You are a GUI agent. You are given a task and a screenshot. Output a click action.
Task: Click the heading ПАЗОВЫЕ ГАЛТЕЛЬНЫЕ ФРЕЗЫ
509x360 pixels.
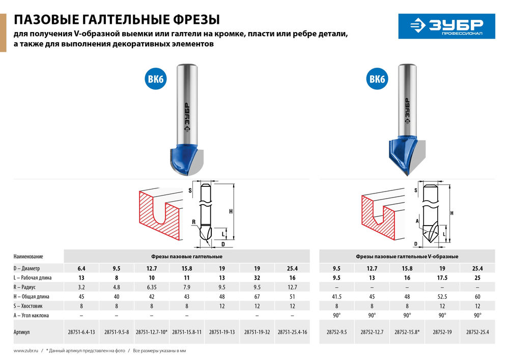click(117, 20)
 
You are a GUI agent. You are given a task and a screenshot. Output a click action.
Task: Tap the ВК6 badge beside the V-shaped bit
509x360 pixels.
click(377, 79)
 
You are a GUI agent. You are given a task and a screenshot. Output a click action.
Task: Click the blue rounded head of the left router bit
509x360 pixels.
click(186, 158)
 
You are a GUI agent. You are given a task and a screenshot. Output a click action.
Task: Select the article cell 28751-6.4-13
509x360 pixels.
click(81, 331)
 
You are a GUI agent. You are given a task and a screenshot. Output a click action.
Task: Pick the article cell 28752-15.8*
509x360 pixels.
click(407, 331)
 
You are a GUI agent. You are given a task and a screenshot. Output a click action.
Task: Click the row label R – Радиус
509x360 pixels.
click(30, 288)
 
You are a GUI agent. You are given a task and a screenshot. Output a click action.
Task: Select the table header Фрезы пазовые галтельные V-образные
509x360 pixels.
click(407, 256)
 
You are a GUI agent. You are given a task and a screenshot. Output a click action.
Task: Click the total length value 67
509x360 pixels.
click(257, 296)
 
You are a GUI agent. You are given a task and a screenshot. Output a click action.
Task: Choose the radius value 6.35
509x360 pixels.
click(152, 287)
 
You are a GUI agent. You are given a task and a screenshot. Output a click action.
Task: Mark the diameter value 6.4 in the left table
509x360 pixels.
click(81, 268)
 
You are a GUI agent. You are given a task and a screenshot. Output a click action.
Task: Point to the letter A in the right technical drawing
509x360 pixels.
click(417, 221)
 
